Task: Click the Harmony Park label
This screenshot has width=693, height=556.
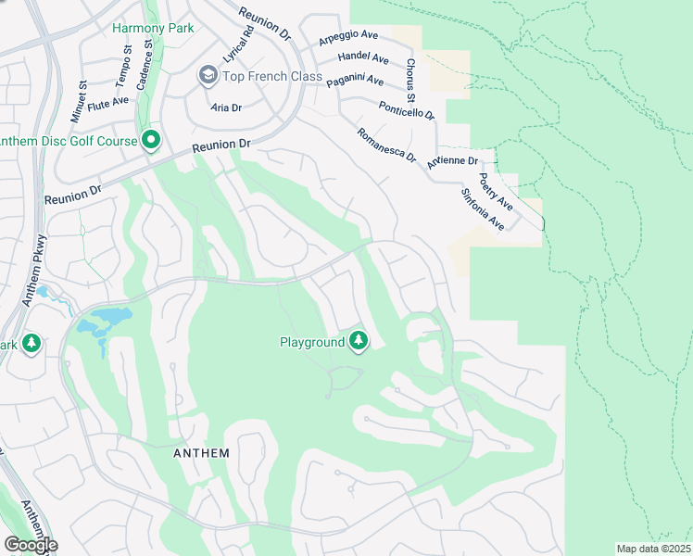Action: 153,28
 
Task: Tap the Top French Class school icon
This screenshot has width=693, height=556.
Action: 208,75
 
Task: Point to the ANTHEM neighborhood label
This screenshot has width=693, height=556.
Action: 201,452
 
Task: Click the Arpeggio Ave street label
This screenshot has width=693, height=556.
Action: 348,38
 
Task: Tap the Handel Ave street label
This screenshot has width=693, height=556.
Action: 365,57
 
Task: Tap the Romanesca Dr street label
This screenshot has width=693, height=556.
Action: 386,145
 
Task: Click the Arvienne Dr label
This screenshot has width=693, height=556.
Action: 453,160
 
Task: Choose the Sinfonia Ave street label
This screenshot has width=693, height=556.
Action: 482,210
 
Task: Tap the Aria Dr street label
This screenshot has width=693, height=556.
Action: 227,107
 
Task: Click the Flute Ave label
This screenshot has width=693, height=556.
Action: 108,101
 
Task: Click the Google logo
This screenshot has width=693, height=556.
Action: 31,545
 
